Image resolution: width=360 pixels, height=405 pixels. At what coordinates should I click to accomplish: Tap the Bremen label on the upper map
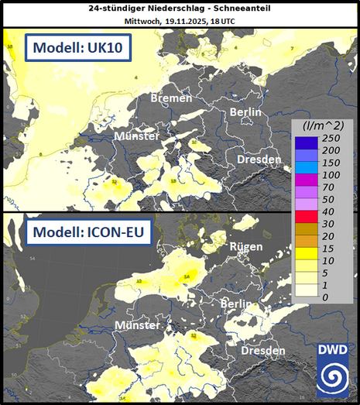coord(171,98)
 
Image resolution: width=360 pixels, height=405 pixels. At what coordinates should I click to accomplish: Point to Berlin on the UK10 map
coord(246,112)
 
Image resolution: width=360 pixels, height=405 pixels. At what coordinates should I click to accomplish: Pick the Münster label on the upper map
coord(136,136)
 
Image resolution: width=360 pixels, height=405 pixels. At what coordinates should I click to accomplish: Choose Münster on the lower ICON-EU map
coord(138,324)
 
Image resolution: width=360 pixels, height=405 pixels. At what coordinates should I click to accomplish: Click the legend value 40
coord(327,211)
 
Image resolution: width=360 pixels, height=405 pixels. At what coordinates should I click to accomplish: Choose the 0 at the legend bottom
coord(324,297)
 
